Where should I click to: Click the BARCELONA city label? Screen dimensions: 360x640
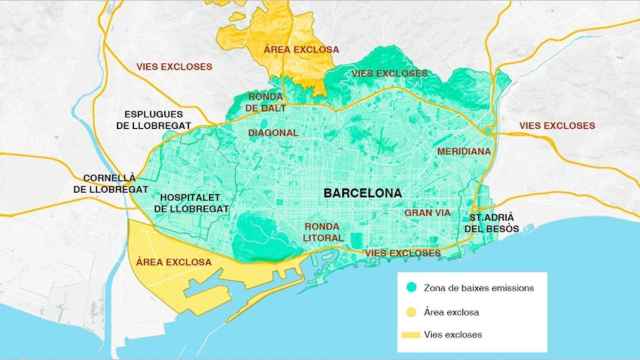pyautogui.click(x=362, y=191)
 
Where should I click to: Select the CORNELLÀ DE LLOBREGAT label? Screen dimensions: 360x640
pyautogui.click(x=110, y=183)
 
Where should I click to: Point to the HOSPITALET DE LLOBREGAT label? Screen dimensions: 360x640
pyautogui.click(x=192, y=203)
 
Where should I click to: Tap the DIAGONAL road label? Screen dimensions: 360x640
pyautogui.click(x=273, y=132)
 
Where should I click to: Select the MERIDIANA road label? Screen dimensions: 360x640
pyautogui.click(x=464, y=151)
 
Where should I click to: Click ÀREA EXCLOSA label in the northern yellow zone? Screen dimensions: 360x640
pyautogui.click(x=301, y=49)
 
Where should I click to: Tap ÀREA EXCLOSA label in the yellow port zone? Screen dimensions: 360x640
pyautogui.click(x=172, y=262)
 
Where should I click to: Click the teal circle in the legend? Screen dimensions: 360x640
pyautogui.click(x=412, y=288)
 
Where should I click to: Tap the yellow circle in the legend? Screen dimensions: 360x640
pyautogui.click(x=412, y=311)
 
